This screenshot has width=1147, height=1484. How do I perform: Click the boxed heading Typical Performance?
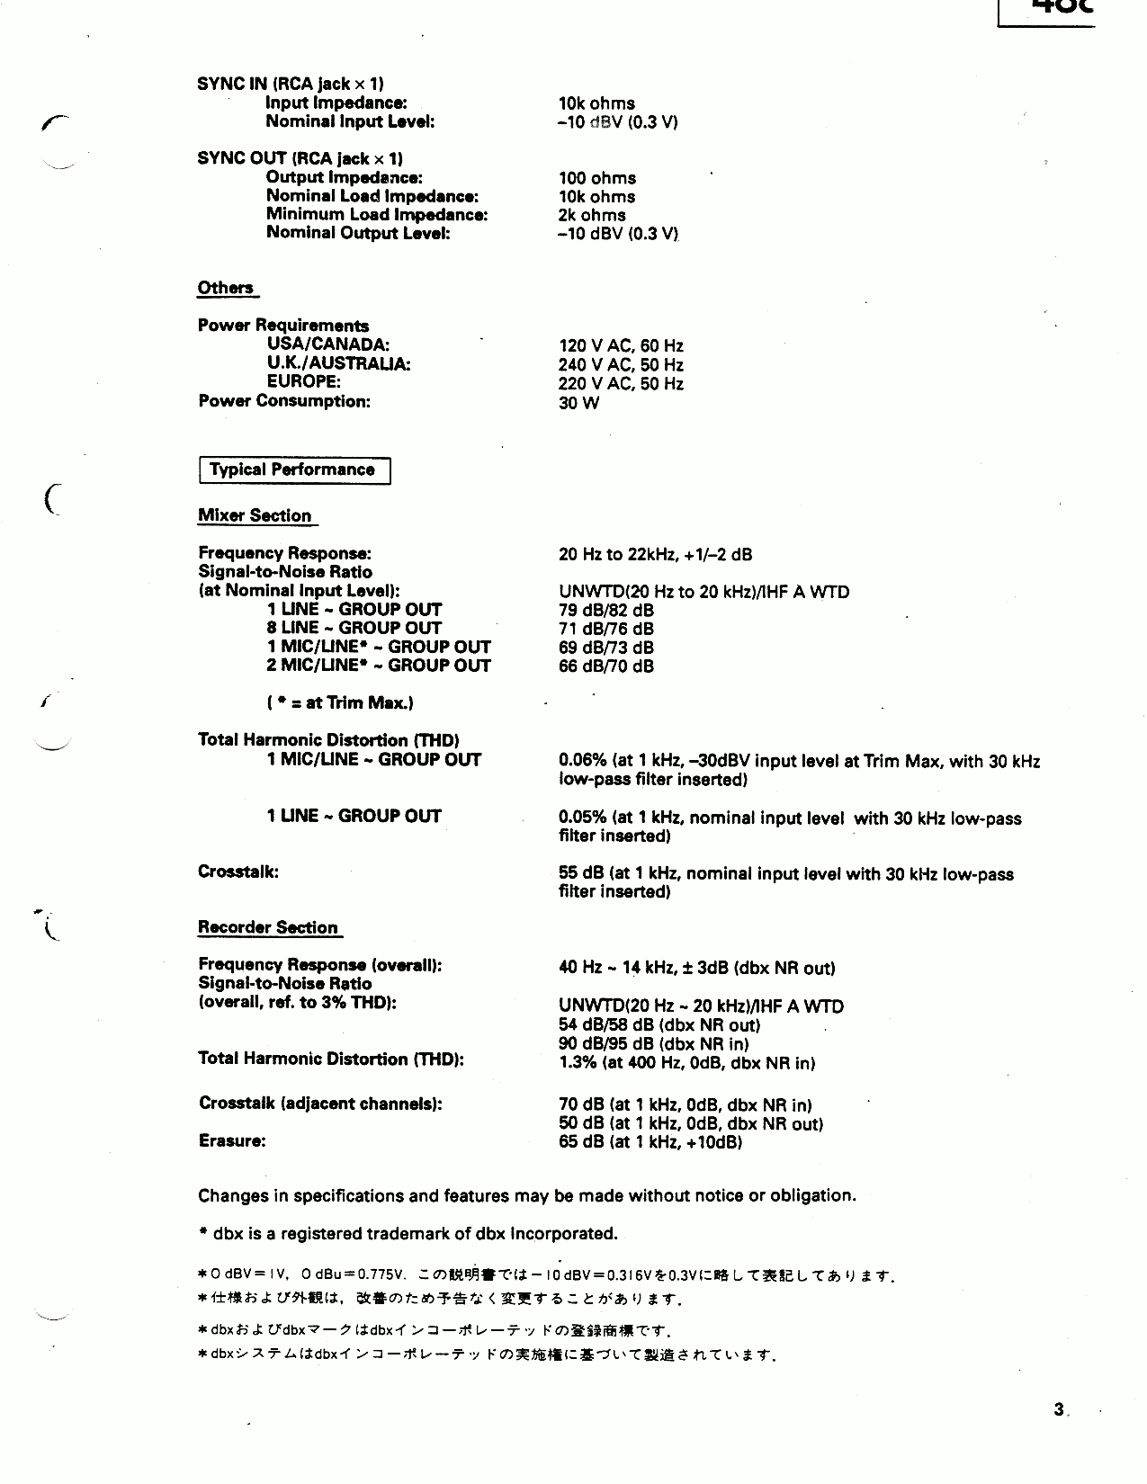292,469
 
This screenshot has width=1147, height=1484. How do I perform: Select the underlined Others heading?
226,288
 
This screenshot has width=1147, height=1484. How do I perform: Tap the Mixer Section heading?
255,515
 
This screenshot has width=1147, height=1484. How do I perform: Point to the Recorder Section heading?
268,927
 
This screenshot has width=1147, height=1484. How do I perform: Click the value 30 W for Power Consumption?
578,403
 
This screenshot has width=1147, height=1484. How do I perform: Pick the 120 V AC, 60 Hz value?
621,346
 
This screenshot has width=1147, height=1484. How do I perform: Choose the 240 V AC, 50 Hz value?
621,365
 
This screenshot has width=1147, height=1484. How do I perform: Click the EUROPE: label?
303,382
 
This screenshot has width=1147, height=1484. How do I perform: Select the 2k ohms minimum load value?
591,216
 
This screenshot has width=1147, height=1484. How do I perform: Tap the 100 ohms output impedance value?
596,178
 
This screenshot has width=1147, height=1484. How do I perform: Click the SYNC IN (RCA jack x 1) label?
291,84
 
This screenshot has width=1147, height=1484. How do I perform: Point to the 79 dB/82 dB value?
605,611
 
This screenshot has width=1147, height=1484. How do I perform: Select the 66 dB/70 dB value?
605,666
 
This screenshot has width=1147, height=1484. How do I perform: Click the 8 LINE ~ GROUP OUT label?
354,628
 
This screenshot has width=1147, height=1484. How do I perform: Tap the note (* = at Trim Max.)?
340,703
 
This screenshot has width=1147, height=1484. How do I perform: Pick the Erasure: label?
232,1141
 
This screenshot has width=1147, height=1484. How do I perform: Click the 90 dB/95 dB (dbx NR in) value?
653,1044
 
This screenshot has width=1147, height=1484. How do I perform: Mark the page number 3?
1059,1409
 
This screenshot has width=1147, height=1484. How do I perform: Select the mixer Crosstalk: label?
238,872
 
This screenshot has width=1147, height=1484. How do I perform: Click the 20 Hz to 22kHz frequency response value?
655,554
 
